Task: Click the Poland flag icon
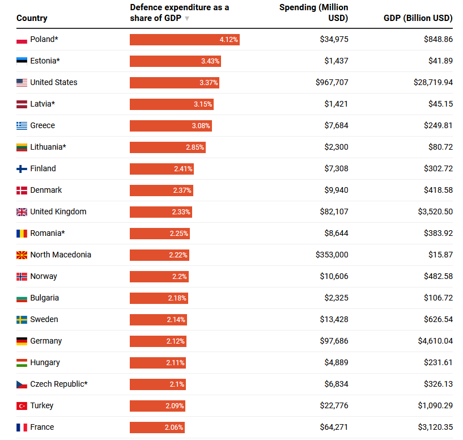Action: tap(22, 40)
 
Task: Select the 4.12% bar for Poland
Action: tap(184, 40)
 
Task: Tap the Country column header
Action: tap(32, 18)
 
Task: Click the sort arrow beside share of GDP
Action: tap(187, 18)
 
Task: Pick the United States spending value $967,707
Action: tap(332, 83)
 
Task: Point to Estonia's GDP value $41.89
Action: tap(440, 61)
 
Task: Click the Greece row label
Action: tap(43, 126)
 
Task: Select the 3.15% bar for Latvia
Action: tap(171, 104)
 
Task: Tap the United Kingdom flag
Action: tap(22, 212)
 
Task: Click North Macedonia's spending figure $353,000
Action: tap(332, 255)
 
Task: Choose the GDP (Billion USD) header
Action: tap(418, 18)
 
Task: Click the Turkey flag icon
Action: tap(22, 406)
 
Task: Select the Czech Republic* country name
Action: tap(59, 384)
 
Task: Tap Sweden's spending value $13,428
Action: tap(334, 320)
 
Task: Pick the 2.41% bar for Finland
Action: tap(162, 169)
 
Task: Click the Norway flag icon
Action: tap(22, 277)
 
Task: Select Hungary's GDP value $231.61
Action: tap(438, 363)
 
